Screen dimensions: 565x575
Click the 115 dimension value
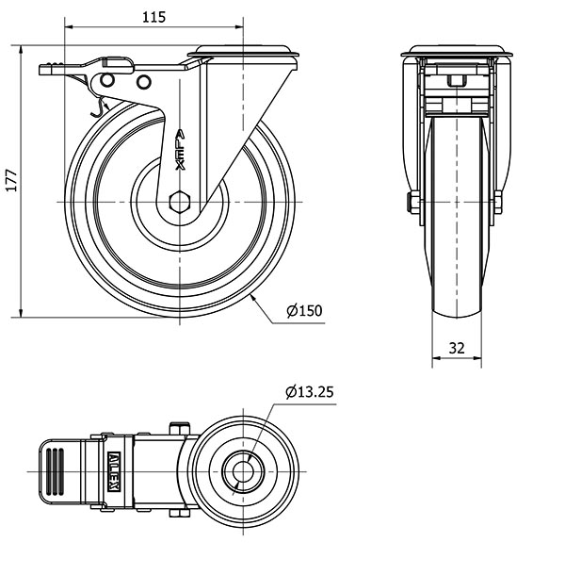click(153, 17)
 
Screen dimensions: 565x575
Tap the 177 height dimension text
click(11, 180)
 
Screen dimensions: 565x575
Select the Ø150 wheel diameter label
click(304, 311)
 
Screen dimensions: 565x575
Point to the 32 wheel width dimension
click(457, 348)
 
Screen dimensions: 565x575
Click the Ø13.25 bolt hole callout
click(310, 392)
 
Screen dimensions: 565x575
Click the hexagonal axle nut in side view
click(180, 202)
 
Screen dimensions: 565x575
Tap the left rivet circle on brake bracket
click(107, 80)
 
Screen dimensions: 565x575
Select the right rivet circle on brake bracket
click(144, 82)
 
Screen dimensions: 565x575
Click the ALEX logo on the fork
click(180, 150)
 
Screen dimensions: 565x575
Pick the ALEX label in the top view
click(114, 471)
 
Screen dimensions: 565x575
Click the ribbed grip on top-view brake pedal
click(56, 471)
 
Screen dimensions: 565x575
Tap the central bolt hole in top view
click(243, 471)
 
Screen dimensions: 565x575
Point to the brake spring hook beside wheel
click(97, 108)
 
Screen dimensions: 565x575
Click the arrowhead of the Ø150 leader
click(253, 299)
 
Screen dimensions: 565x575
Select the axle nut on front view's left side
click(414, 202)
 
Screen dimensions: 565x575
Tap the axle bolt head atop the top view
click(180, 428)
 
